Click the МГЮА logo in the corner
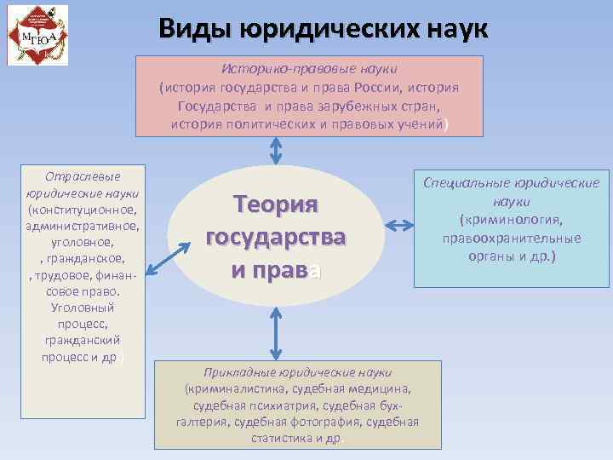coord(36,33)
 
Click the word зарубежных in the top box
coord(344,105)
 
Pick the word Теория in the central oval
coord(275,205)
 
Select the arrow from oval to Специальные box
coord(398,225)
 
